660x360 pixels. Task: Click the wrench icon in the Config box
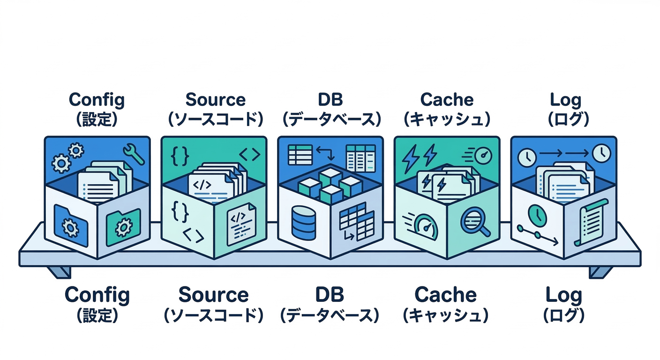(x=134, y=155)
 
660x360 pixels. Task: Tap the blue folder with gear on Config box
(x=71, y=225)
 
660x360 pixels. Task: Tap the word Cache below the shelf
(x=445, y=295)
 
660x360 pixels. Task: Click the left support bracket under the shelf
(x=60, y=271)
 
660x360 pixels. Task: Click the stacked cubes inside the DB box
(x=330, y=185)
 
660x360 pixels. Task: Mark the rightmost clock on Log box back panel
(x=601, y=152)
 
